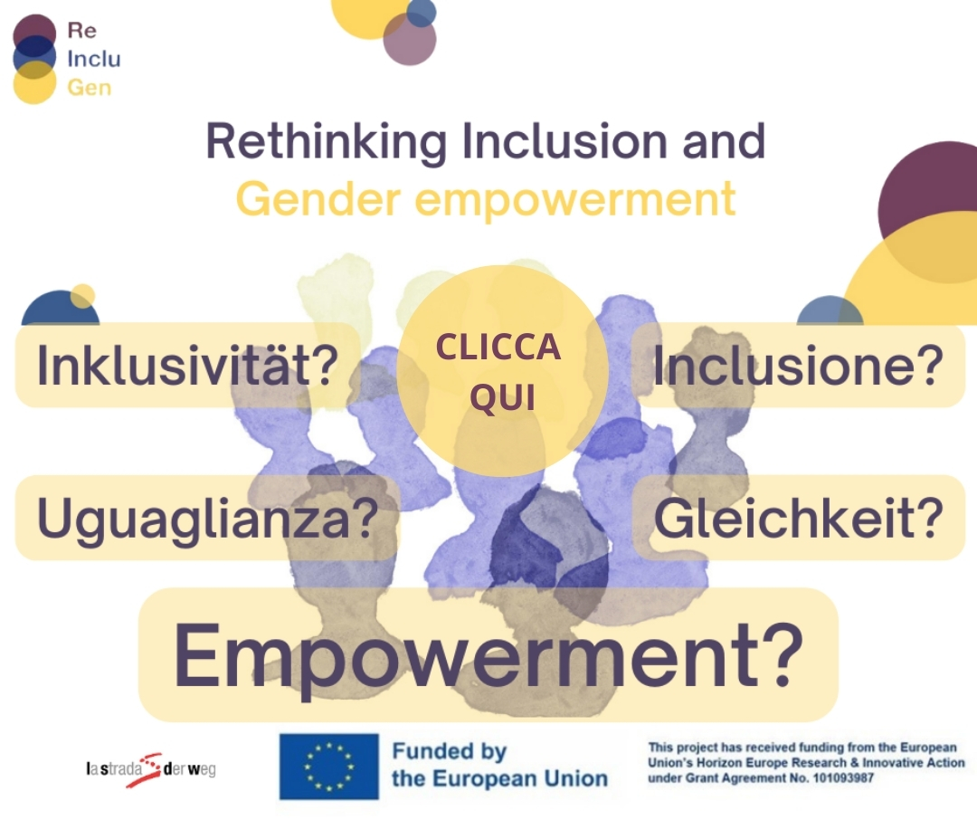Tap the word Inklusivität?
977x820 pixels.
[187, 366]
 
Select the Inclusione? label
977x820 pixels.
[798, 366]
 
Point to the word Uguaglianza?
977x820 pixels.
[208, 519]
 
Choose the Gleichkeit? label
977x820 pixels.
[799, 518]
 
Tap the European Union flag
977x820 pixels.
[329, 767]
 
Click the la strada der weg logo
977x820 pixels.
[151, 769]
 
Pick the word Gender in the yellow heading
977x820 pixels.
[318, 199]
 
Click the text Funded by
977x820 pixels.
[449, 751]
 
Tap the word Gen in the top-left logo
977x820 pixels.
[89, 88]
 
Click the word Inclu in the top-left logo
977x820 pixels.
[93, 59]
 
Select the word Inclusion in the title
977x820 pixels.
[565, 141]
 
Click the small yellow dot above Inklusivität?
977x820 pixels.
[82, 296]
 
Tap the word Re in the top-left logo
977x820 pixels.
[81, 30]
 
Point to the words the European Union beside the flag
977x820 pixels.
[499, 779]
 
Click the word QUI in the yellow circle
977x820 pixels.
[502, 397]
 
